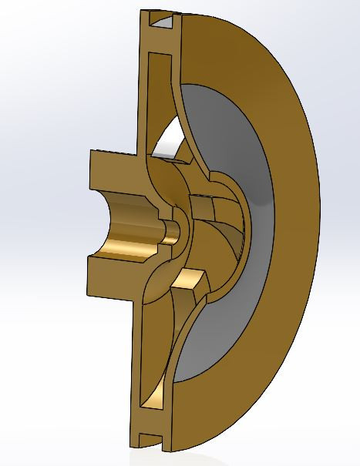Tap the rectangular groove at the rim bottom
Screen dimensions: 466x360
point(153,441)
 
